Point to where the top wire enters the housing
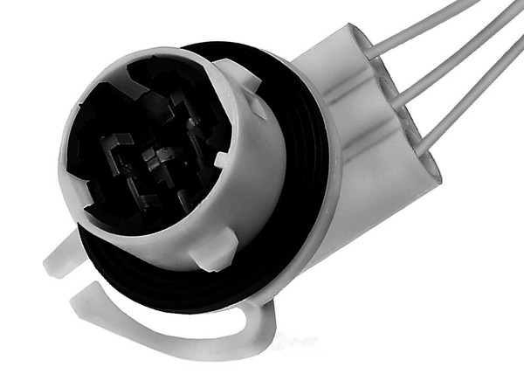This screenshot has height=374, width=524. tap(370, 52)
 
